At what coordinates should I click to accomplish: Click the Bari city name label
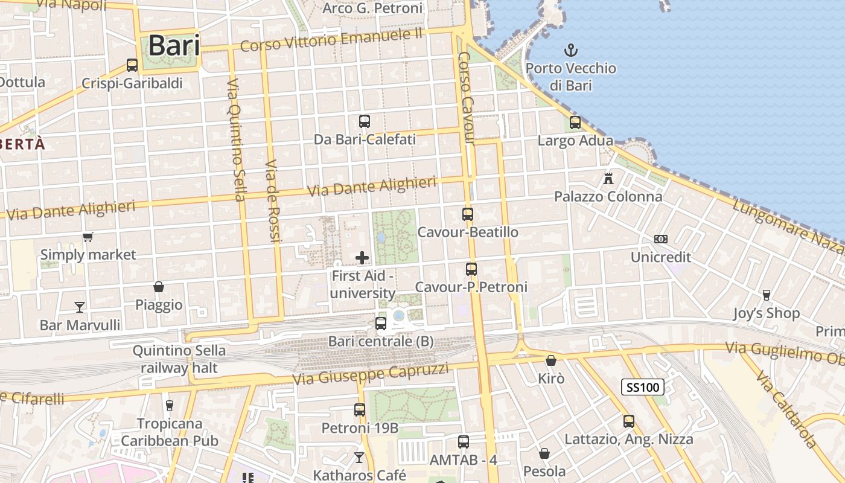(174, 45)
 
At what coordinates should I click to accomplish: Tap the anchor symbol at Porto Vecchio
(570, 50)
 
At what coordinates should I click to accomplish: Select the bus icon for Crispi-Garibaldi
(132, 65)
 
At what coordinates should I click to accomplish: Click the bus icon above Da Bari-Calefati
(365, 121)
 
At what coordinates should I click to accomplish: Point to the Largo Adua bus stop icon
(575, 123)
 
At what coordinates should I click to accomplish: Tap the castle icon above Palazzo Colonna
(608, 179)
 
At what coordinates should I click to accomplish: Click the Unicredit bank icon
(661, 239)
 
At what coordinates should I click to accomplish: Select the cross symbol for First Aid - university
(362, 258)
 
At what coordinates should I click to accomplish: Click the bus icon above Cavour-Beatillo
(468, 214)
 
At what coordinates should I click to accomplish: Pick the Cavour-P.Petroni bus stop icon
(471, 269)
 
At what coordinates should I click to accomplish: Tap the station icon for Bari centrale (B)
(381, 323)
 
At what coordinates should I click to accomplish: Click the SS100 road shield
(643, 387)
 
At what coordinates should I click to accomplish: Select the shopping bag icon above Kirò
(551, 360)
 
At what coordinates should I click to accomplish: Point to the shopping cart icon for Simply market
(88, 237)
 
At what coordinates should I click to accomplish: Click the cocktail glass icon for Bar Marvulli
(80, 307)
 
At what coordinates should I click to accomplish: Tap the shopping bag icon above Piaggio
(159, 287)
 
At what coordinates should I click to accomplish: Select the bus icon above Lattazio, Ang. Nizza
(629, 421)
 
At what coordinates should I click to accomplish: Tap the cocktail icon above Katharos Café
(360, 458)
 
